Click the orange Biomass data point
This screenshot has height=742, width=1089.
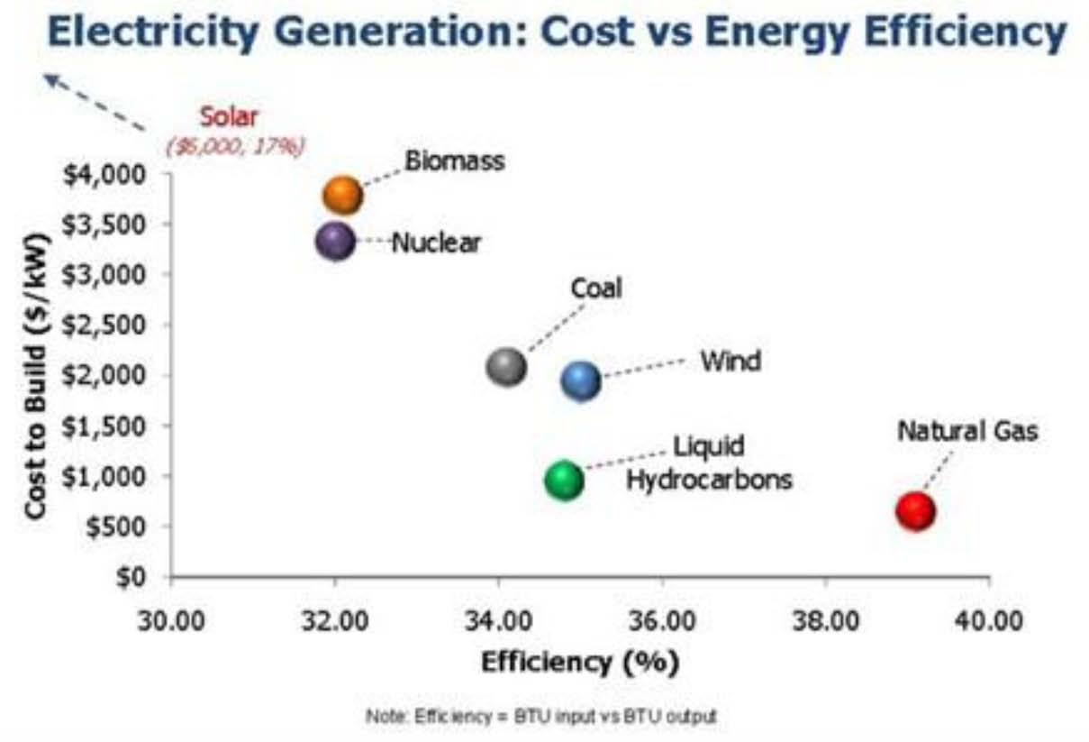pyautogui.click(x=343, y=195)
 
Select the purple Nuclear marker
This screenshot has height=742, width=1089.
pyautogui.click(x=335, y=241)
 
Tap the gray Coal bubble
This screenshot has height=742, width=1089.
pyautogui.click(x=506, y=367)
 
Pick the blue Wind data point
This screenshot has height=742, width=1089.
pyautogui.click(x=581, y=380)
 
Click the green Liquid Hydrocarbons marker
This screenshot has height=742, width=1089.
pyautogui.click(x=564, y=481)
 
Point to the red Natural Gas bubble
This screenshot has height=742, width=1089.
pyautogui.click(x=915, y=511)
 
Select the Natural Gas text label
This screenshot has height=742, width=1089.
pyautogui.click(x=967, y=431)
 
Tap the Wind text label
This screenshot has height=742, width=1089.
pyautogui.click(x=731, y=362)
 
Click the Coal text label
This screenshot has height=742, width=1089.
pyautogui.click(x=596, y=289)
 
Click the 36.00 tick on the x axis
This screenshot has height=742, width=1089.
pyautogui.click(x=662, y=621)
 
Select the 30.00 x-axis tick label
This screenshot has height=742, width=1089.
pyautogui.click(x=171, y=621)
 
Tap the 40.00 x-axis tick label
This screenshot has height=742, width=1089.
pyautogui.click(x=989, y=621)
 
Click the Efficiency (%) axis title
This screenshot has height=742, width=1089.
pyautogui.click(x=580, y=663)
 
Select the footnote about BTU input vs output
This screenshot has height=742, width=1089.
pyautogui.click(x=541, y=717)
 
